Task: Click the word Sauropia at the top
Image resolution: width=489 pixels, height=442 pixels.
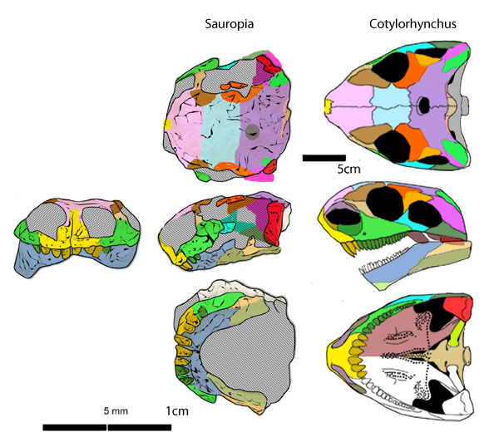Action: [230, 23]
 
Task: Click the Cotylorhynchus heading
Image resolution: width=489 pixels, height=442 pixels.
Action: [409, 23]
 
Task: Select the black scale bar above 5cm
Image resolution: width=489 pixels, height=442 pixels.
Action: [324, 156]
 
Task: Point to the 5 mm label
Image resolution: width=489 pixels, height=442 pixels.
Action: [116, 411]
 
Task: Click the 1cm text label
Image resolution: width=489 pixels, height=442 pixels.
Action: [177, 411]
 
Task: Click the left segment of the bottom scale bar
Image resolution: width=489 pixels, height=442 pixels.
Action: [74, 428]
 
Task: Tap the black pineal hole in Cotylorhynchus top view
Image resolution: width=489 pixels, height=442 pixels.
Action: [424, 106]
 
